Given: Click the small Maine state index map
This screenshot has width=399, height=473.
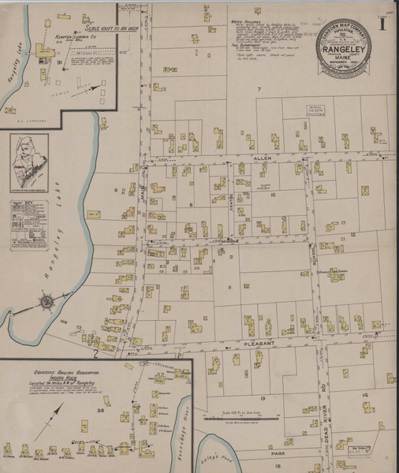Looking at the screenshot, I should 29,162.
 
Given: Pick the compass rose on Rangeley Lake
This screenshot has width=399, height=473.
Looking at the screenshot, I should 46,300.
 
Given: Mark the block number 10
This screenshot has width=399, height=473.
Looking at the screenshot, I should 273,194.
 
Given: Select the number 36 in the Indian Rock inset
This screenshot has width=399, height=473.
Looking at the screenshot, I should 100,410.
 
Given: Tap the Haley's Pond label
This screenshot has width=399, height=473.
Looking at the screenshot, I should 218,450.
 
